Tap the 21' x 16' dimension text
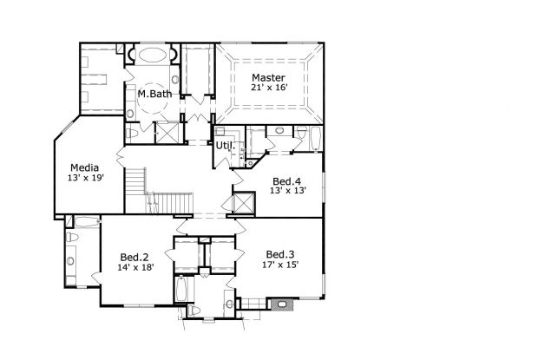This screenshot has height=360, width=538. pos(268,88)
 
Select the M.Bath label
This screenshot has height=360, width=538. pos(154,94)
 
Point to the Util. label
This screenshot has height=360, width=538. pos(225,146)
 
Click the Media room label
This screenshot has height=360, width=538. pos(84,167)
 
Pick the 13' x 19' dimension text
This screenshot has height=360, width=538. pos(84,178)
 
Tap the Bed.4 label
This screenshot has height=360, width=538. pos(286,180)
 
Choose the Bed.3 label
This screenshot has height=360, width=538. pos(280,254)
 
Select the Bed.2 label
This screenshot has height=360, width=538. pos(135,257)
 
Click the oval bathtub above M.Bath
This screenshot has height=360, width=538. pos(154,56)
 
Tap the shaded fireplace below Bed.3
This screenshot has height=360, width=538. pos(279,304)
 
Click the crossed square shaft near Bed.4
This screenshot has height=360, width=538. pos(245,205)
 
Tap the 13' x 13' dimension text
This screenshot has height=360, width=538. pos(286,191)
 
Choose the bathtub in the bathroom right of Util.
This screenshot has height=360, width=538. pos(303,138)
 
